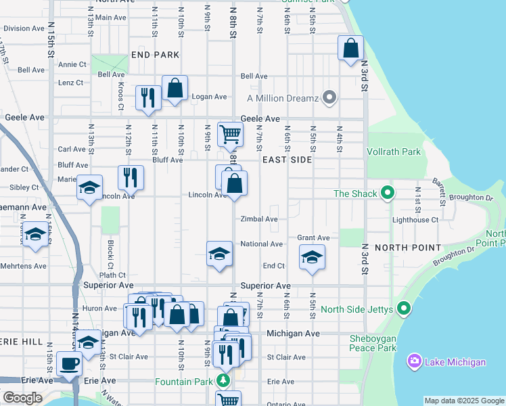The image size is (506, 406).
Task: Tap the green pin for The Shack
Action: point(387,194)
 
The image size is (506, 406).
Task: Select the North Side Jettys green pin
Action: point(404,309)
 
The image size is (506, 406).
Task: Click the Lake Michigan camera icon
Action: point(414,361)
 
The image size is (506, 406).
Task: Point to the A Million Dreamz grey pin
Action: point(329,97)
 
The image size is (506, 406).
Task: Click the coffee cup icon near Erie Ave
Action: point(70,363)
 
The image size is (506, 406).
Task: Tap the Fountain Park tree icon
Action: point(224,382)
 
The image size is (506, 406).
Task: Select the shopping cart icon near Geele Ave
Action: point(230,134)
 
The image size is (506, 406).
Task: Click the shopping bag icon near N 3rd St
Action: point(350,48)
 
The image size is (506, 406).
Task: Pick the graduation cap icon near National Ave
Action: point(219,254)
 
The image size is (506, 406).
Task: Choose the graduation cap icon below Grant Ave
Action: point(312,257)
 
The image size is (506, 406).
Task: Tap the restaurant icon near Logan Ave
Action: point(147,97)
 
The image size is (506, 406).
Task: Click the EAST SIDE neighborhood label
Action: point(287,160)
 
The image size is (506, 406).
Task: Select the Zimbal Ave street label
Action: point(259,219)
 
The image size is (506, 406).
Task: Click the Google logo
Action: point(22,398)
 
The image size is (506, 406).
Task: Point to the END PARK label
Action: point(156,54)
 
